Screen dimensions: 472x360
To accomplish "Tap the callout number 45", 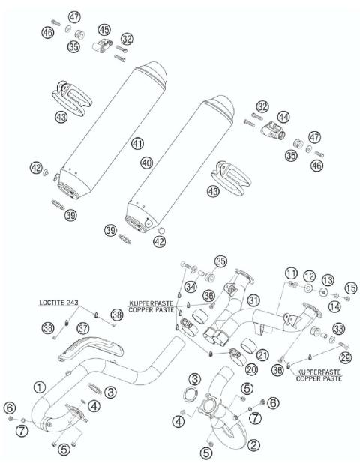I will [103, 29].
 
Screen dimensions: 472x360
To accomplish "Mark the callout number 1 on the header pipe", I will [38, 387].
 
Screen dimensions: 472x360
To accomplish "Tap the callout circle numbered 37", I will [83, 328].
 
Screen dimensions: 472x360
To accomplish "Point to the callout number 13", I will [327, 279].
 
